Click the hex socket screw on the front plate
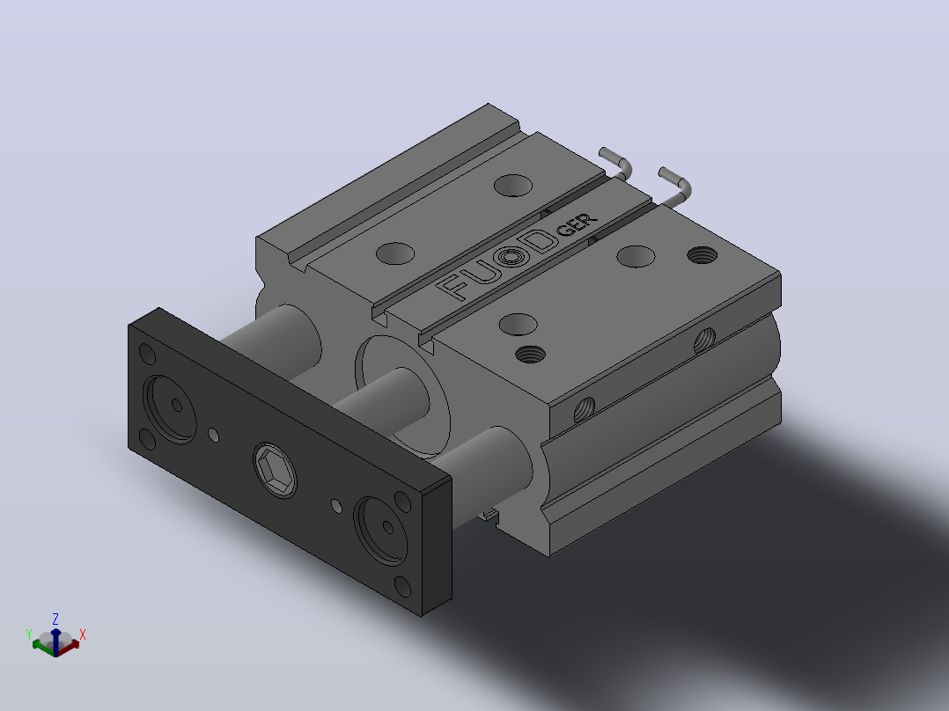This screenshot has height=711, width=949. pos(275,470)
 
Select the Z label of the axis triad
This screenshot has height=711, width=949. pos(55,619)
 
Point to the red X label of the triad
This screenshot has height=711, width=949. pos(83,634)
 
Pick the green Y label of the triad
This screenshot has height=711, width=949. pos(28,634)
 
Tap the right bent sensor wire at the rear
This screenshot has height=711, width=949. pos(675,185)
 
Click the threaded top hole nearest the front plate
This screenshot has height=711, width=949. pos(530,354)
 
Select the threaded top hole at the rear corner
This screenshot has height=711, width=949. pos(703,255)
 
